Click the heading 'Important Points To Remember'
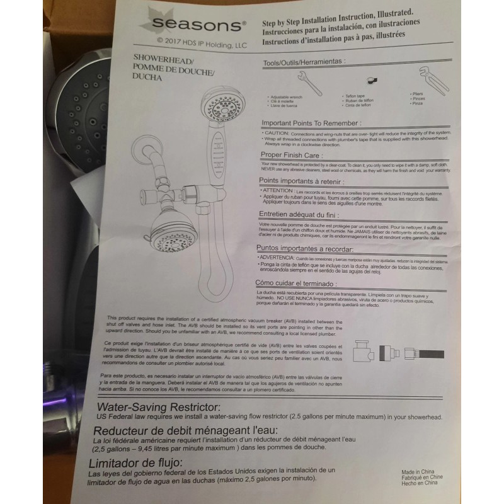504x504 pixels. coord(311,123)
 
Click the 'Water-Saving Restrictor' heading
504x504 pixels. coord(156,407)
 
